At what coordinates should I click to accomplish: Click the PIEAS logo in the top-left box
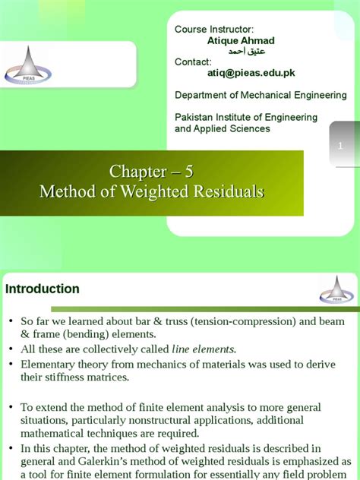[28, 64]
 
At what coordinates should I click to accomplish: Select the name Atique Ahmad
[241, 40]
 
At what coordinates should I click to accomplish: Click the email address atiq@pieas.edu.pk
[251, 73]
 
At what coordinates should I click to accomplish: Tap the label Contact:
[194, 62]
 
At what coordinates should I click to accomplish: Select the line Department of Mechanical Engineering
[261, 95]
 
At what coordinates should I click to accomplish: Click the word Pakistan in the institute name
[195, 118]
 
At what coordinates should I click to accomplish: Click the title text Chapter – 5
[151, 172]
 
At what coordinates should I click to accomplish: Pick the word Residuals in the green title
[225, 192]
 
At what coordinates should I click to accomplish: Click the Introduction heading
[43, 289]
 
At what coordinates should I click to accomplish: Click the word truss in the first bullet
[144, 321]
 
